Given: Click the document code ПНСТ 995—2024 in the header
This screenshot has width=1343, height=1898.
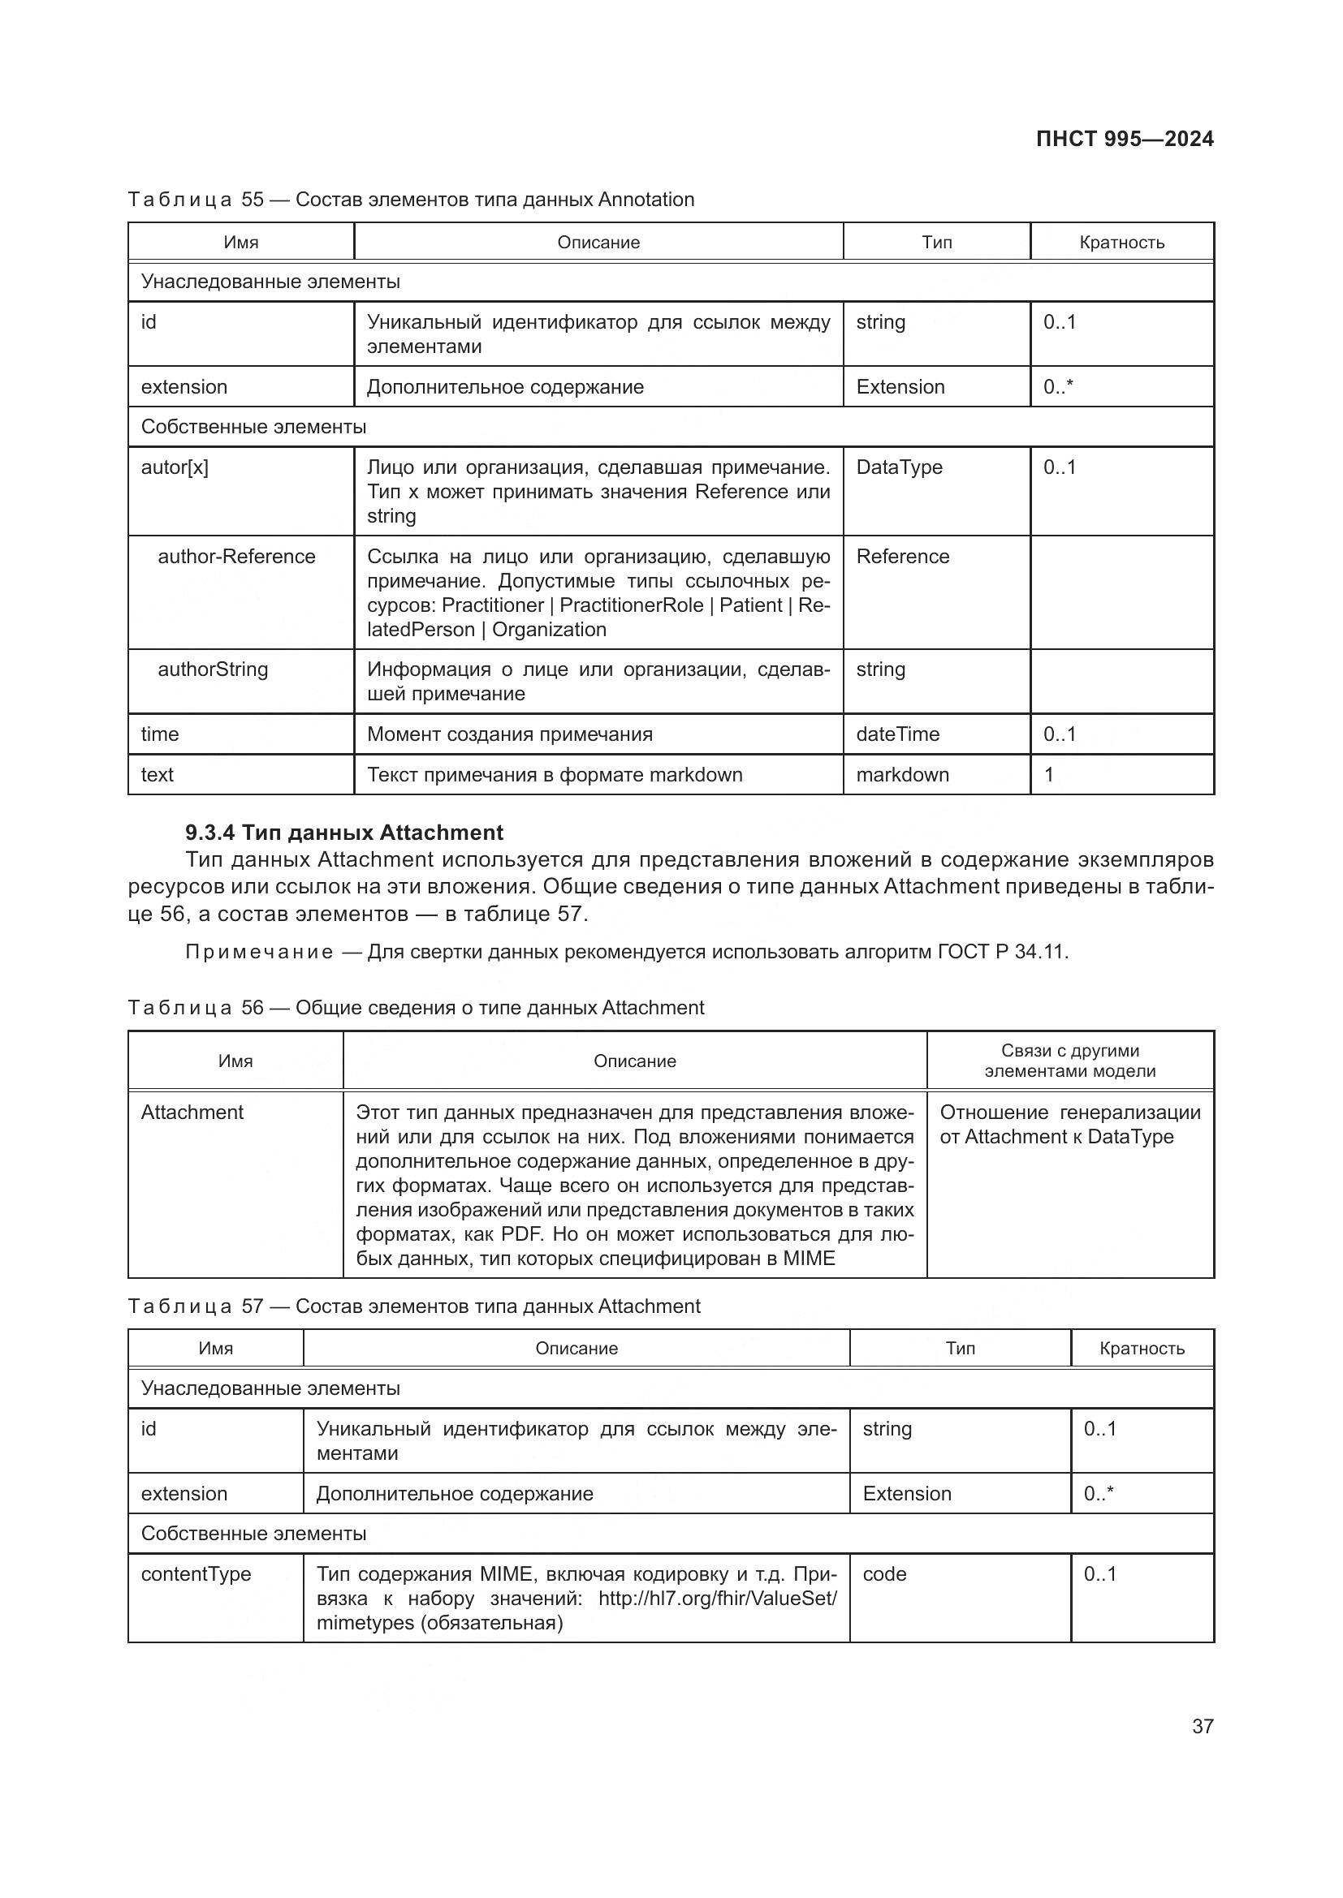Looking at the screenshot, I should click(1124, 139).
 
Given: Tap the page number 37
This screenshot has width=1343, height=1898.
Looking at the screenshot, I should click(1203, 1725).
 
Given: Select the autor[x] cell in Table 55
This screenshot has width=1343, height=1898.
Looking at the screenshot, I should click(175, 467).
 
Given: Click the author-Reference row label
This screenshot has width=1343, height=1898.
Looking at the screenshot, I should click(236, 557).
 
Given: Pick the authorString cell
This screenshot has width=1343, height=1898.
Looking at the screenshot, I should click(213, 669).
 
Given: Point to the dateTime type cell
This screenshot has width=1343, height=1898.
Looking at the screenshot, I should click(897, 734).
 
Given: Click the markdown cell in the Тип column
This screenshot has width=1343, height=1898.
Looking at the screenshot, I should click(902, 775).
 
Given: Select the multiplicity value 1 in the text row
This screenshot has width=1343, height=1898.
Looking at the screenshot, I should click(1048, 775).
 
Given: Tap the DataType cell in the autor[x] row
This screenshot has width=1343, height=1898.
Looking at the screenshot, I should click(899, 467).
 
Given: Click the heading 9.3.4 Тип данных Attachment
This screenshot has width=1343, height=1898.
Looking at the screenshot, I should click(344, 833).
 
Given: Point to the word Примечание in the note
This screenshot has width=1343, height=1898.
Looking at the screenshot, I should click(259, 953).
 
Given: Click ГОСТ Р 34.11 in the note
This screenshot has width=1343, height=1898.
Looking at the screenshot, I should click(1001, 953).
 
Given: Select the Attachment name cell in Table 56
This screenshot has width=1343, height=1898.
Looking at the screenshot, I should click(192, 1112).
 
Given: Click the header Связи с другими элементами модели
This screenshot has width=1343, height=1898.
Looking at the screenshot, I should click(1069, 1061).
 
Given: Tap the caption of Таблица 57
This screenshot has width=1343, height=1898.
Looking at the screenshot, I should click(413, 1306).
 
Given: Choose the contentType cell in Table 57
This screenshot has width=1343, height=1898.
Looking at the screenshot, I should click(196, 1574).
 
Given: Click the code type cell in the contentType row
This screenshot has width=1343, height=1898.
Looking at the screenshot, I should click(884, 1574).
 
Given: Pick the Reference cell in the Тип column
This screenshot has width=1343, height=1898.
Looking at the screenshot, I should click(902, 557).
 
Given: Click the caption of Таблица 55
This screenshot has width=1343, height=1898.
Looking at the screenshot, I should click(411, 200).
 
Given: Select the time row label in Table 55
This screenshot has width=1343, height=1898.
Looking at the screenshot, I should click(160, 734).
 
